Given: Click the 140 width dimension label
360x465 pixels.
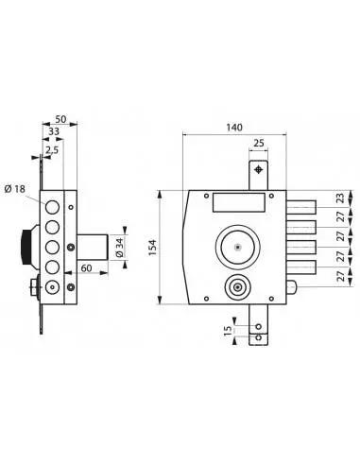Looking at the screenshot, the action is (234, 128).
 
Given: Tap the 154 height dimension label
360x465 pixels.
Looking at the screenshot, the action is (153, 248).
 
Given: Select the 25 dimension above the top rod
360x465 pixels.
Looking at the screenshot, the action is (259, 143).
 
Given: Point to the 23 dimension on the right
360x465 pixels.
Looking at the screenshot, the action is (340, 198).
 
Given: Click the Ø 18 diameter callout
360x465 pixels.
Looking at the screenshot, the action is (15, 189).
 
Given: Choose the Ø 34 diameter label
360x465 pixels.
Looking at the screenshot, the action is (119, 248).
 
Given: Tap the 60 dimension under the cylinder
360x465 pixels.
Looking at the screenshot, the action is (86, 268).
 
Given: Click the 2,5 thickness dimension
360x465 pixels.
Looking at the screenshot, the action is (52, 150).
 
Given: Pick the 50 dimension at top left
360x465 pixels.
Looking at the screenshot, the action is (60, 119).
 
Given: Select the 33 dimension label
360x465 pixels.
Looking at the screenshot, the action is (53, 131).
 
